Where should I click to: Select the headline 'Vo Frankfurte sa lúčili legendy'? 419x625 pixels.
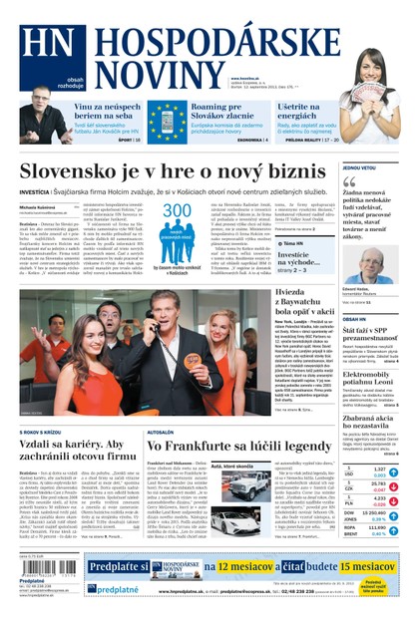click(x=239, y=447)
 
